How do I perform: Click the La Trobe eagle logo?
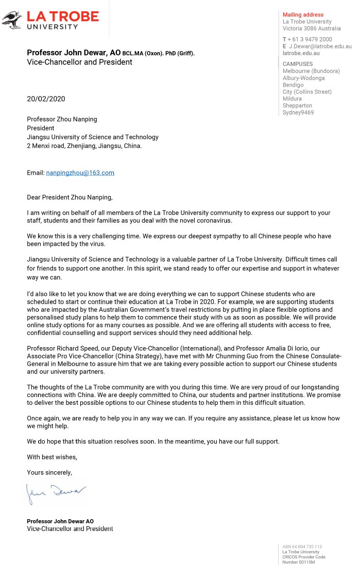coord(12,20)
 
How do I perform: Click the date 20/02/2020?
coord(46,99)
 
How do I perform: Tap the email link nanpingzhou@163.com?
coord(80,173)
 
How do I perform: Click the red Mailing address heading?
coord(303,15)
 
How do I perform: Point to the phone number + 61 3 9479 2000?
coord(310,39)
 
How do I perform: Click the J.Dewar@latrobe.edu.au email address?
coord(319,46)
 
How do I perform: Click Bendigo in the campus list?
coord(293,85)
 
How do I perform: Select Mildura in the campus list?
coord(292,98)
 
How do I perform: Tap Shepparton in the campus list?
coord(297,106)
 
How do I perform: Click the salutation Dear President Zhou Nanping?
coord(70,197)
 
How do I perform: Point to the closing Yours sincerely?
coord(49,472)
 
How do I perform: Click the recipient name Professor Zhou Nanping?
coord(62,119)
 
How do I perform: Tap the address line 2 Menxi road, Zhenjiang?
coord(84,146)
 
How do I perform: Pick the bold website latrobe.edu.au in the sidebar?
coord(301,53)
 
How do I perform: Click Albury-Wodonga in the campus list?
coord(303,78)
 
